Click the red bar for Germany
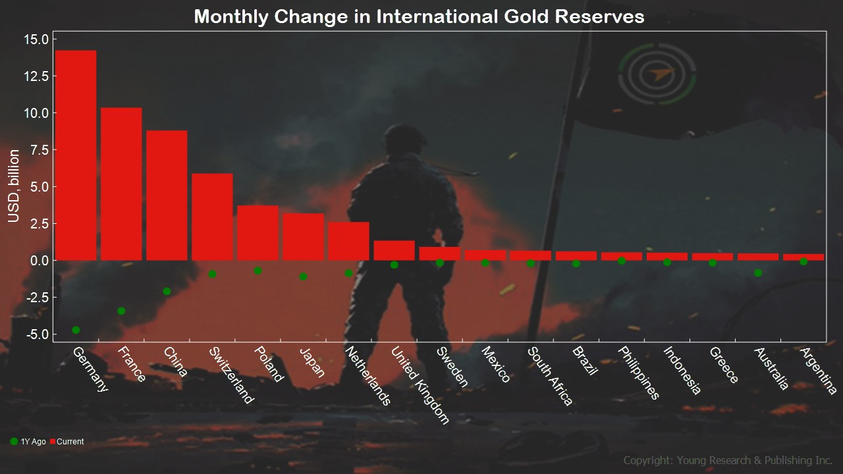tap(76, 155)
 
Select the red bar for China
tap(167, 196)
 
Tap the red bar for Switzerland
tap(212, 217)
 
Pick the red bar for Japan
tap(303, 237)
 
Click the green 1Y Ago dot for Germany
tap(76, 330)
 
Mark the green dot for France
tap(121, 311)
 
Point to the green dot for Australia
tap(758, 273)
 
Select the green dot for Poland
tap(258, 271)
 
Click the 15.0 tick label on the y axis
tap(36, 39)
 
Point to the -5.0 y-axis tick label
tap(36, 334)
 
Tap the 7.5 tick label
tap(39, 150)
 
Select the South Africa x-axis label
tap(551, 375)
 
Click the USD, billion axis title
tap(14, 186)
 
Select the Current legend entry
tap(67, 442)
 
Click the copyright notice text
tap(728, 460)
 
